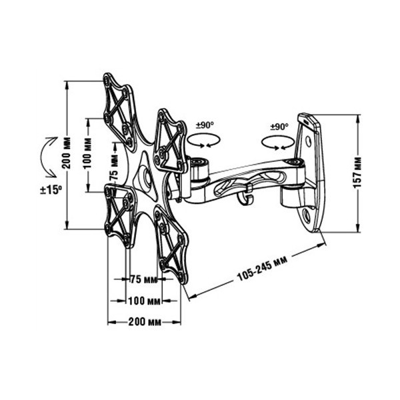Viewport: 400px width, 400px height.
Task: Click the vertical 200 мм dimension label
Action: pos(67,153)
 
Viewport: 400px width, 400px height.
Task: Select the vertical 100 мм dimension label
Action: pos(88,153)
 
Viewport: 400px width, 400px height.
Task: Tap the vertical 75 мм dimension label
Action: pos(114,167)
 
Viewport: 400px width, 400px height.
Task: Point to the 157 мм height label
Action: pos(357,173)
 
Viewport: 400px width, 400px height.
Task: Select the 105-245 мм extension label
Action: pos(263,269)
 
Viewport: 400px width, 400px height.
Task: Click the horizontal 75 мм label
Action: pos(143,279)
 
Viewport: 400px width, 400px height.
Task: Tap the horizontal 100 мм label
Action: pos(144,301)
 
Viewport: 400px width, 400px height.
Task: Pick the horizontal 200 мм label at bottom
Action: pos(145,322)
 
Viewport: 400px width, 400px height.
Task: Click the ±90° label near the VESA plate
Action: pos(205,125)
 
